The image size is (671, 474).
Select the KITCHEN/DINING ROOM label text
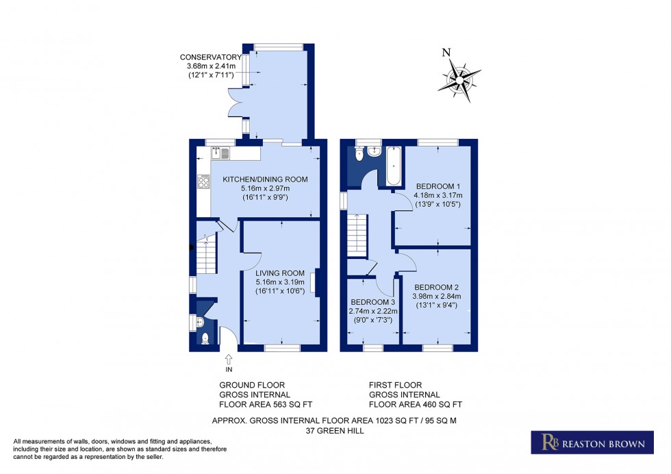pos(265,179)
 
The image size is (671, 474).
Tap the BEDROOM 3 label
pos(373,302)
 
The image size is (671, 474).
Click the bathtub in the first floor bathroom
pos(395,166)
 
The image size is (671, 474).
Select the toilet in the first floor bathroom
pos(359,155)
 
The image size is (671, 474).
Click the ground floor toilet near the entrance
pos(205,337)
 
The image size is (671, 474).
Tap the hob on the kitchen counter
pos(203,181)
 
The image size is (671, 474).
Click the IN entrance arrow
pos(228,360)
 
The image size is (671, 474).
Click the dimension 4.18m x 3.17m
pos(437,195)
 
